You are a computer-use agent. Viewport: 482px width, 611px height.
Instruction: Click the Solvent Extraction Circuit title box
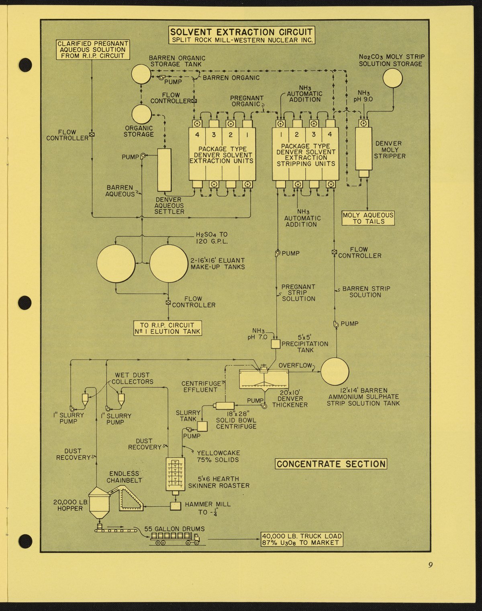242,35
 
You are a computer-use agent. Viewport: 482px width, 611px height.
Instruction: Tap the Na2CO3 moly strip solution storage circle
392,78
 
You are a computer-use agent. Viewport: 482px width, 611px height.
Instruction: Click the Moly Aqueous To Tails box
368,218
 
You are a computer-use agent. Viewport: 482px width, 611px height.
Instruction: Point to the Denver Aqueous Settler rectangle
164,170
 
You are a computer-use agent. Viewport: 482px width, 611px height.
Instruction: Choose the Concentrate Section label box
331,464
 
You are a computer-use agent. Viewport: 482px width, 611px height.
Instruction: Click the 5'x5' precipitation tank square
275,344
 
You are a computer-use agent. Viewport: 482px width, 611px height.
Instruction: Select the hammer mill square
176,506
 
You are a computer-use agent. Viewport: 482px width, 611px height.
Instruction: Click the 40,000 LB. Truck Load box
302,540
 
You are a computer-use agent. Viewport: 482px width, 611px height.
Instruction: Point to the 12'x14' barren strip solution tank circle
335,372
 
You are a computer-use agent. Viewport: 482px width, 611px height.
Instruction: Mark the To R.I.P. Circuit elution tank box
167,328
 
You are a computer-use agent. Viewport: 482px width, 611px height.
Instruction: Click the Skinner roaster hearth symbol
175,475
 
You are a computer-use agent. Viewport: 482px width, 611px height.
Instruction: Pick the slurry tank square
202,426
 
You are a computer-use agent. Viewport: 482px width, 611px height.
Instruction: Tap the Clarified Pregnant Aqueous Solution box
93,50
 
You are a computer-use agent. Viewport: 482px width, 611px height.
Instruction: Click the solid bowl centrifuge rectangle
225,406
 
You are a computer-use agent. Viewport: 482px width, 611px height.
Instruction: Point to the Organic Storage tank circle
142,114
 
